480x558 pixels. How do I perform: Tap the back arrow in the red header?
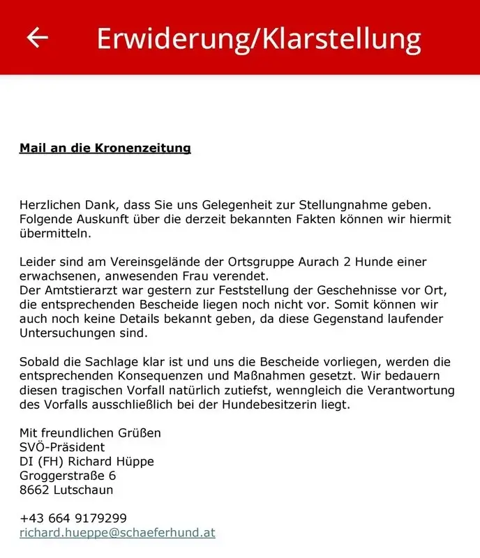click(37, 37)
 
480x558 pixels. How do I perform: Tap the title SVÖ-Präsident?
click(62, 447)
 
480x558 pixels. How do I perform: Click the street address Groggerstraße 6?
click(68, 476)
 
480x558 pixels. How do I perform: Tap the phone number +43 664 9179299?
click(73, 518)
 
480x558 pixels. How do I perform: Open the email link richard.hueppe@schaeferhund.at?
click(117, 532)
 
